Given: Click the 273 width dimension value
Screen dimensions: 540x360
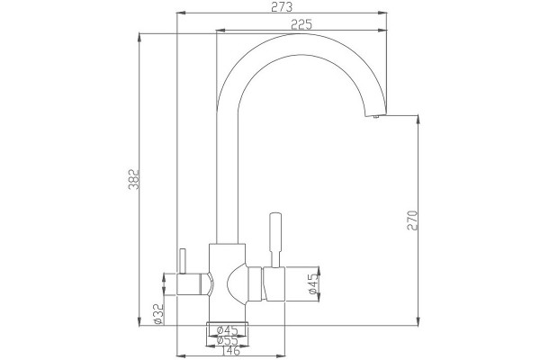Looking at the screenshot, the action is (x=282, y=6).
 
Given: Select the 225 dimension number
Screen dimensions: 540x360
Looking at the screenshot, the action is (x=301, y=24).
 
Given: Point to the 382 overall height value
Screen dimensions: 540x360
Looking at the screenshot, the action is (x=133, y=179).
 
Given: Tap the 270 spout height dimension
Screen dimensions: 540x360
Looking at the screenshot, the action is (x=412, y=220).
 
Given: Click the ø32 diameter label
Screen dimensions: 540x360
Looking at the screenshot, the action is (x=158, y=313).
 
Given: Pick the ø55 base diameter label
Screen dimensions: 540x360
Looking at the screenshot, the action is (x=228, y=340).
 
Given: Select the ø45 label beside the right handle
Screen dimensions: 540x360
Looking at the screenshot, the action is (x=313, y=283).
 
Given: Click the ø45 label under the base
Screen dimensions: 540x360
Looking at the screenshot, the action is (x=228, y=330).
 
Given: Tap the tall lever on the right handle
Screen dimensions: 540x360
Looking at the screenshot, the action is (x=275, y=239).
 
